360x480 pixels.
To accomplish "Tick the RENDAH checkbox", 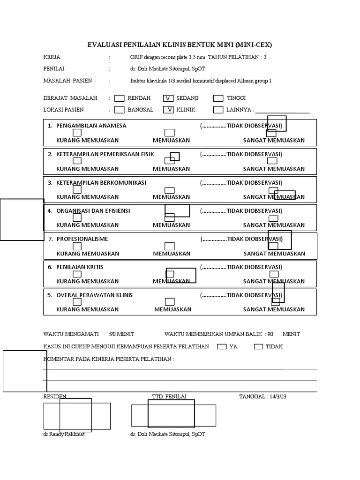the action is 120,98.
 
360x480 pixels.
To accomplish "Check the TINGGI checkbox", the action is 218,98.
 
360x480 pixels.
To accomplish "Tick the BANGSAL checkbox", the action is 120,110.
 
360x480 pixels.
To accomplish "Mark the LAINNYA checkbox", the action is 218,110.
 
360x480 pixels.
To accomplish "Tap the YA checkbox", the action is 222,347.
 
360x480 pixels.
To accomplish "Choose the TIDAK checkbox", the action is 258,347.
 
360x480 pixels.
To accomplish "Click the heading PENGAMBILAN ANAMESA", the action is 91,126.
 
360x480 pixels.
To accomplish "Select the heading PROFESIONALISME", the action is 82,239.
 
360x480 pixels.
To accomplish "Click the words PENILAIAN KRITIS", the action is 80,267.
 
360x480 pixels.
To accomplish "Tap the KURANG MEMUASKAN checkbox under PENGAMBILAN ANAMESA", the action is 77,133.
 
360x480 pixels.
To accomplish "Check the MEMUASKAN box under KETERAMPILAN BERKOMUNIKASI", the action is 170,190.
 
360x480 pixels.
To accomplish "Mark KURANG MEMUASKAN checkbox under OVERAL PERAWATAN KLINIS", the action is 77,302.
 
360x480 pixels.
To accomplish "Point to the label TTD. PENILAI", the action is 169,397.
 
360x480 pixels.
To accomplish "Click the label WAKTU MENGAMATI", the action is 71,334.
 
